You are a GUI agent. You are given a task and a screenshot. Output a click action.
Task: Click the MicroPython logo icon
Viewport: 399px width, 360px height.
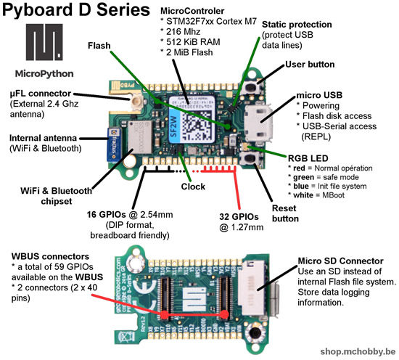click(44, 42)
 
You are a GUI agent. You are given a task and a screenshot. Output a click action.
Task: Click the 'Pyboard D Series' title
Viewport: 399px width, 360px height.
click(76, 10)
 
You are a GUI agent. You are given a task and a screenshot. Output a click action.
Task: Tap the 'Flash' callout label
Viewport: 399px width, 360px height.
click(99, 46)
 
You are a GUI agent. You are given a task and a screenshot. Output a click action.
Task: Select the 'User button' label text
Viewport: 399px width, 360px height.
click(310, 65)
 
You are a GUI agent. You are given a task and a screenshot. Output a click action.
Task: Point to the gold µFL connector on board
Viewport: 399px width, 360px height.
click(137, 102)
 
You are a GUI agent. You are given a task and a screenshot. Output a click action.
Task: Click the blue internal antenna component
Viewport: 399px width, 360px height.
click(113, 144)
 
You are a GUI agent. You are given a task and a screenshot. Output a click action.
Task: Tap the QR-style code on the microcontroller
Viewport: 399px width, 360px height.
click(197, 126)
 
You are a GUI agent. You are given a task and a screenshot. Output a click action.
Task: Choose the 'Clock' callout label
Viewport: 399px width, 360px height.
click(193, 187)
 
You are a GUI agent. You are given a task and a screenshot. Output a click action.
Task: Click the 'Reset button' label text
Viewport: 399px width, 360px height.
click(285, 213)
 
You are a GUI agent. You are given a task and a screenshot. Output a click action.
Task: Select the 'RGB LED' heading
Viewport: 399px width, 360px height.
click(308, 158)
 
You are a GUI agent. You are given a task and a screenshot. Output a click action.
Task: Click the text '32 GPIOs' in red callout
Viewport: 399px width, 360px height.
click(239, 217)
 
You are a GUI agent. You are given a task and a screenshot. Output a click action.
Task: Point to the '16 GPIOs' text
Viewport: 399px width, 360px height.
click(107, 215)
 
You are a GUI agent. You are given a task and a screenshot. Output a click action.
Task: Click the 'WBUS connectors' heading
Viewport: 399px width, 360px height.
click(50, 256)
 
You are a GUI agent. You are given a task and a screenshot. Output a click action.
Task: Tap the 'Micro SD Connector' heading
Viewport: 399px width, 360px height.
click(340, 261)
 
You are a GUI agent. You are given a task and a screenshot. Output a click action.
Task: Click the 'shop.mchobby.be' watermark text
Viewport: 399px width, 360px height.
click(358, 351)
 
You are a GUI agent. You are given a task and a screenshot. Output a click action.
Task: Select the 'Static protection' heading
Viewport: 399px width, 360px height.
click(297, 25)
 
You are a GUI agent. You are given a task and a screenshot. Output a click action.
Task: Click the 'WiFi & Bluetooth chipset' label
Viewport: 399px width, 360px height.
click(57, 196)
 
